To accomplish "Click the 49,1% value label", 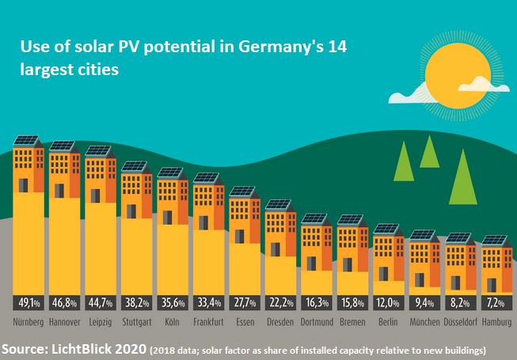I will click(x=28, y=303).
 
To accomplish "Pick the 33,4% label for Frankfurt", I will click(x=207, y=303).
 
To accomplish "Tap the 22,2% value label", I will click(x=279, y=303).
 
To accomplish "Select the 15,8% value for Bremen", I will click(x=351, y=303).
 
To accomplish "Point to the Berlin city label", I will click(x=387, y=323).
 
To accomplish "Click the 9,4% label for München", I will click(x=423, y=303).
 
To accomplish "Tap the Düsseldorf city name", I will click(x=458, y=323).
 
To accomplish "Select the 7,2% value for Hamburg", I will click(x=495, y=303).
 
